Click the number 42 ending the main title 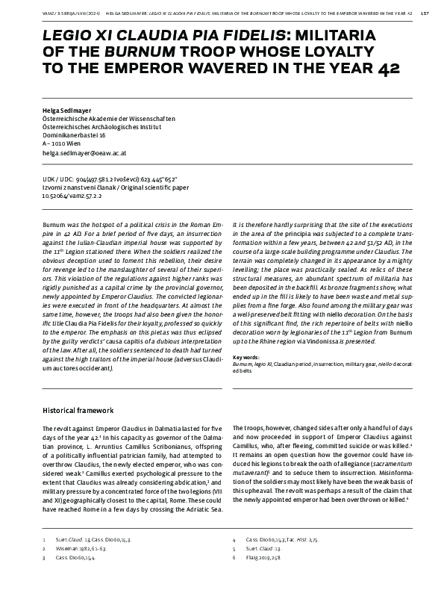coord(387,69)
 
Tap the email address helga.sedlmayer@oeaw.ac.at coord(84,152)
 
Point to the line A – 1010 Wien coord(61,144)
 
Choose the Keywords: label coord(246,357)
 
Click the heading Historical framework coord(78,410)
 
